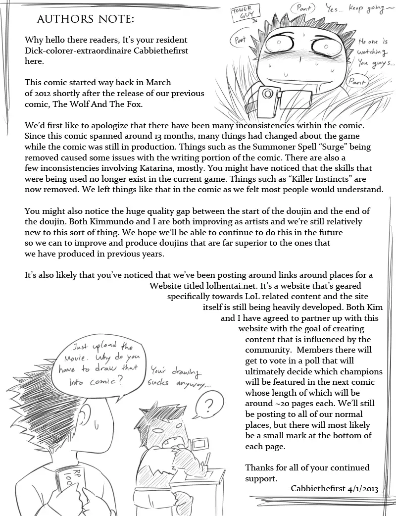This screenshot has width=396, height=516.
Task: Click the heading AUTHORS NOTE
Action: (x=85, y=20)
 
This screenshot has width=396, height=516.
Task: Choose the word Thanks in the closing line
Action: (x=259, y=467)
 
